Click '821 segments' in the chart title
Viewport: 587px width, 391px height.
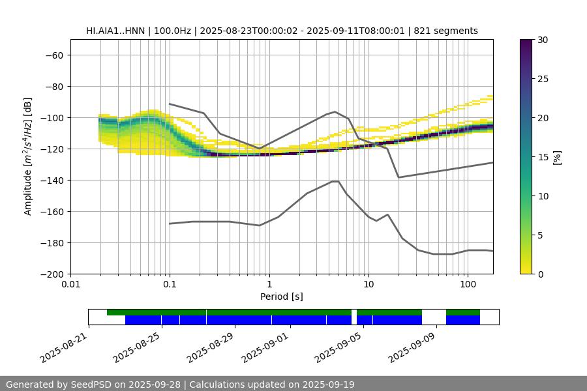pos(450,31)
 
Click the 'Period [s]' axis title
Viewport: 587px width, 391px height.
pos(281,297)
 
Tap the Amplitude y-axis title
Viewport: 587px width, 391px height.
pos(28,156)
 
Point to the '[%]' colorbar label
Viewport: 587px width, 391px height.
pos(557,157)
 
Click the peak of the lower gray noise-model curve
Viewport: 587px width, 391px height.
pos(335,181)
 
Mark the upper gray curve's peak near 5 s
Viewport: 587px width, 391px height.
pos(335,111)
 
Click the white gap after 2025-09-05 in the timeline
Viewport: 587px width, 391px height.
pos(354,317)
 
